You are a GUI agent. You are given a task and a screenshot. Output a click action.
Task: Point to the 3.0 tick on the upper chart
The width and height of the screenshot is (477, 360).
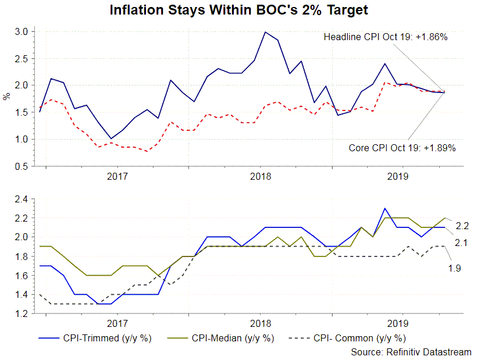point(22,31)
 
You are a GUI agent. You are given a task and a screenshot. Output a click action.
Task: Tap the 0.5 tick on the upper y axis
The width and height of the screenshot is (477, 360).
point(22,166)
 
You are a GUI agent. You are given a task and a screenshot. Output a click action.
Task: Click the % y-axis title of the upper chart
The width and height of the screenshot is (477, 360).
point(7,97)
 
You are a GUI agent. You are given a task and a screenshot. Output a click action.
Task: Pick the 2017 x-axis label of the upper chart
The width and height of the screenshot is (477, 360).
point(118,176)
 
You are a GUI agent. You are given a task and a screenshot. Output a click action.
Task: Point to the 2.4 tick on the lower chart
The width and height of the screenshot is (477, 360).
point(22,199)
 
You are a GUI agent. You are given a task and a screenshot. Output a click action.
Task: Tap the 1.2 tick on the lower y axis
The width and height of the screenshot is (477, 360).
point(22,314)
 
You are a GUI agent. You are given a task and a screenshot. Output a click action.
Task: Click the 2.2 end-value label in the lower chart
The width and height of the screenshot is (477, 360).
point(462,225)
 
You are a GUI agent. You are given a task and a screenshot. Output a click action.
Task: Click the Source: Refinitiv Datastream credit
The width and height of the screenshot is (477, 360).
point(411,352)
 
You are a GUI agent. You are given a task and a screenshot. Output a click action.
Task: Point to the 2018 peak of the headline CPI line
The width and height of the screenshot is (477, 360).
point(265,32)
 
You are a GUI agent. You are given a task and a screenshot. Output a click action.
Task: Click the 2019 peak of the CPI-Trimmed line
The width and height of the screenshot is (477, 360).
point(385,208)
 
